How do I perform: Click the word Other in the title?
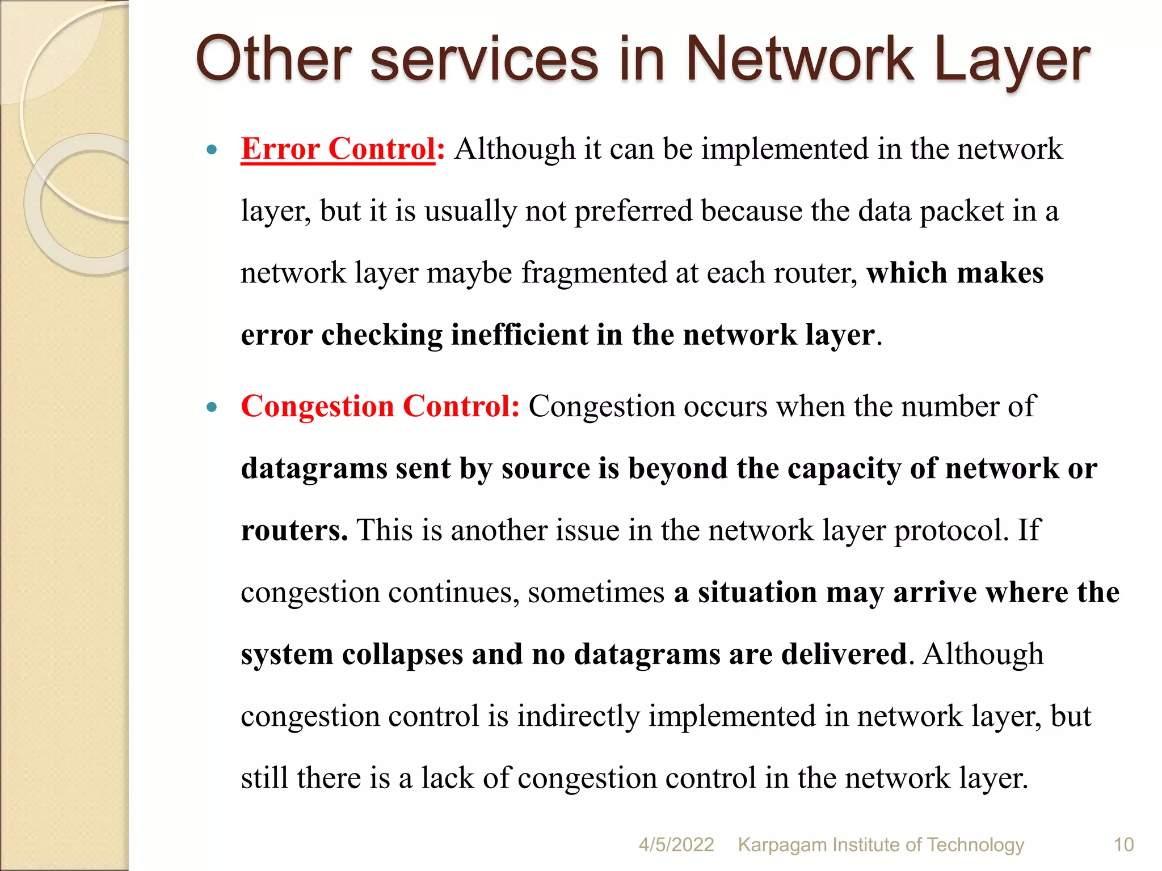273,59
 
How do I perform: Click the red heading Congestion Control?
380,407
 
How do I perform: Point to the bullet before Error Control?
212,150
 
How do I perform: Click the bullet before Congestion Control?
212,407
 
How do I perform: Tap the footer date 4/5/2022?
676,845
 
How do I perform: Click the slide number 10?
1123,845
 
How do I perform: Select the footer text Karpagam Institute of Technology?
881,845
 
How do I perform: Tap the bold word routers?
294,531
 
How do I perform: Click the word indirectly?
578,716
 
